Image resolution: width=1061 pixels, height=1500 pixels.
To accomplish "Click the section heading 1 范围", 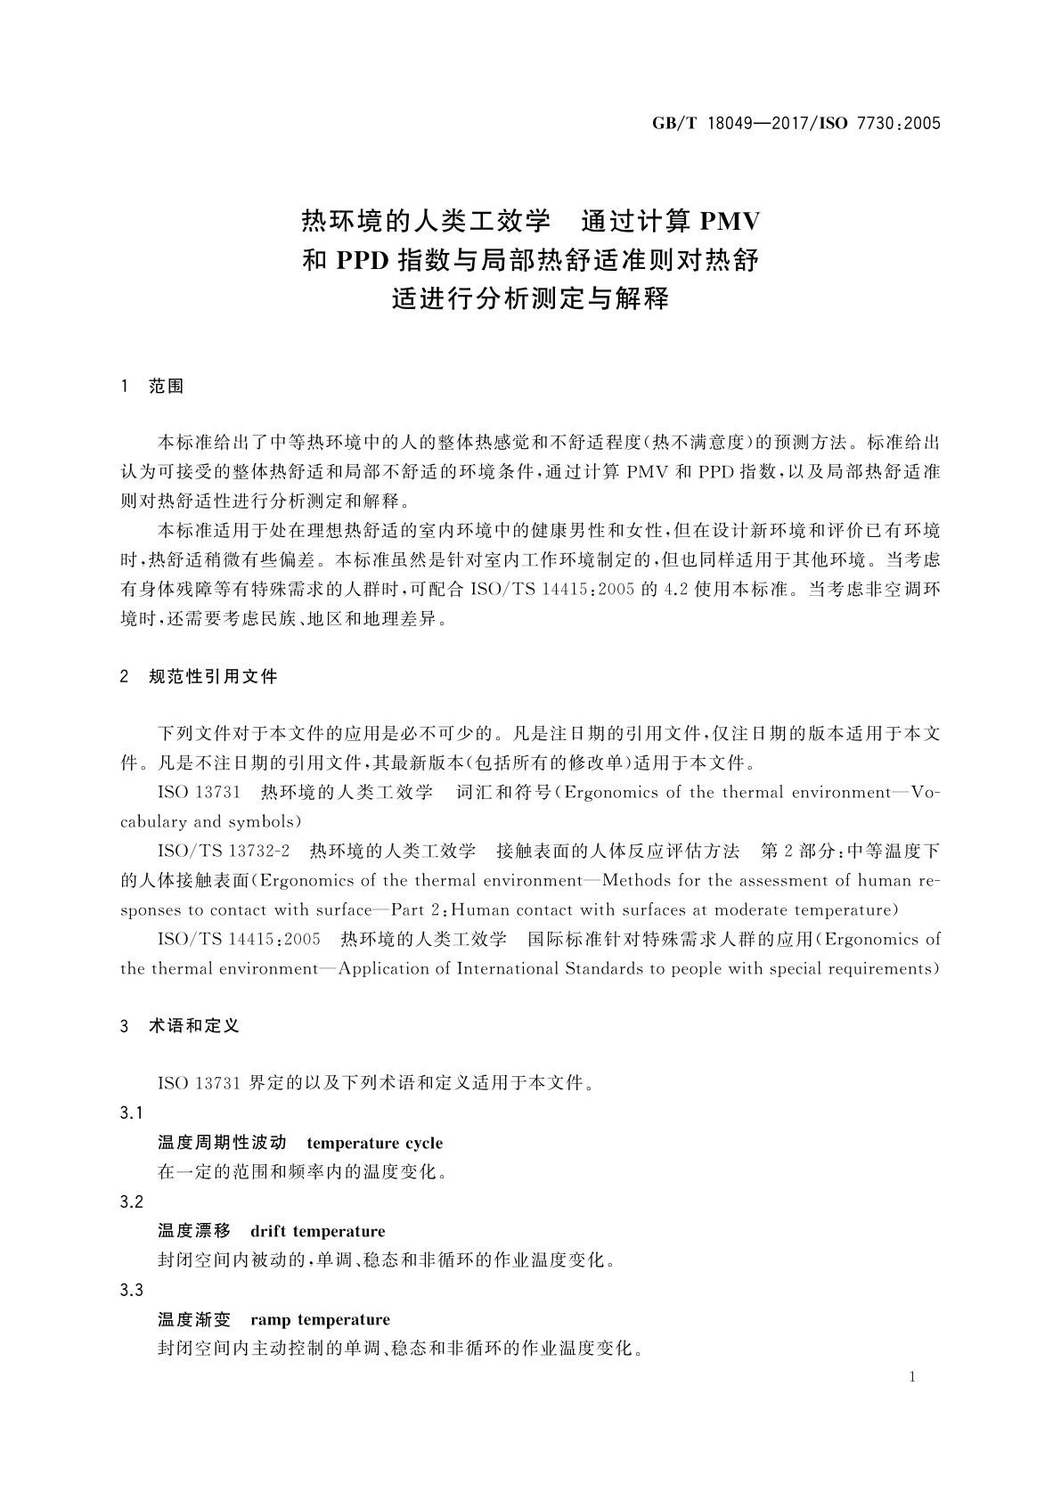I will [152, 387].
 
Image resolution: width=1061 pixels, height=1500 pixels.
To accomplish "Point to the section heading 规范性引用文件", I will [213, 677].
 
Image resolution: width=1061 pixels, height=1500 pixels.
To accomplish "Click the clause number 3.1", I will [132, 1113].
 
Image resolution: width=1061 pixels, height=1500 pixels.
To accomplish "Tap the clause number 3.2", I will [132, 1202].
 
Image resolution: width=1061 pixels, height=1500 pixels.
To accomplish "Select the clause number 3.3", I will [132, 1290].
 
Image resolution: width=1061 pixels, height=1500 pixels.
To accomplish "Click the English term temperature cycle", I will [373, 1143].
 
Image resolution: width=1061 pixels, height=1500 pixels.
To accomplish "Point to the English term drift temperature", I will [318, 1231].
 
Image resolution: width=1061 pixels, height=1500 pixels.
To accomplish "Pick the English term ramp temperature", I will [321, 1319].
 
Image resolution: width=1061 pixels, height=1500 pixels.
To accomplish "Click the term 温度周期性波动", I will [222, 1143].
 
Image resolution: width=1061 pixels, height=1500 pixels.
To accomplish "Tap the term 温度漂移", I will [194, 1231].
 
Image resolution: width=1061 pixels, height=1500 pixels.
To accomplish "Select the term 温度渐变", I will [194, 1319].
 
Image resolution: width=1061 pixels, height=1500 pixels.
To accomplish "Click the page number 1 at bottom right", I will [912, 1377].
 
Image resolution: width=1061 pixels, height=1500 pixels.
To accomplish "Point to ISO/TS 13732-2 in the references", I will [224, 852].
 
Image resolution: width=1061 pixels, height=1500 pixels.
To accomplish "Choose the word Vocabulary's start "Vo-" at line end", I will [925, 793].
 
